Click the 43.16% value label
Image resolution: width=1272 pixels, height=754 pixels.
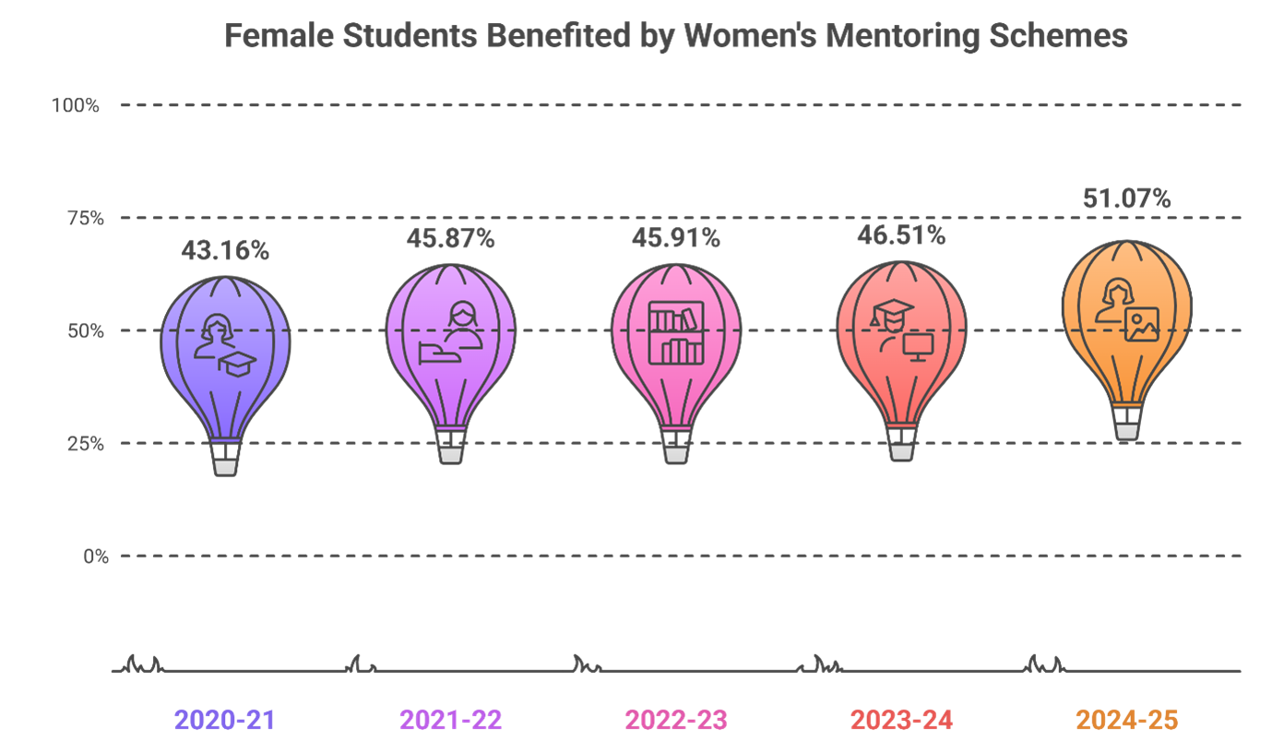[x=225, y=251]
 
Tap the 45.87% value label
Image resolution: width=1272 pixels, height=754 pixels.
[x=451, y=239]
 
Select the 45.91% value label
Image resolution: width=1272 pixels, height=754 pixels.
[x=675, y=239]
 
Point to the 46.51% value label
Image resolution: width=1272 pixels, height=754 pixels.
[x=900, y=236]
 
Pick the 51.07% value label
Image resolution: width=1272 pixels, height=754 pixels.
[x=1126, y=199]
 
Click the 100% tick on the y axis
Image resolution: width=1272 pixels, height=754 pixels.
[x=75, y=106]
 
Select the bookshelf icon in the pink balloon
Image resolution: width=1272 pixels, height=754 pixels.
[x=675, y=332]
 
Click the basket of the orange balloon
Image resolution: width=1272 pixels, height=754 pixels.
[x=1126, y=431]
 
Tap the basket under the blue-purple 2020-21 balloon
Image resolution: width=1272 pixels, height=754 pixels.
[x=225, y=467]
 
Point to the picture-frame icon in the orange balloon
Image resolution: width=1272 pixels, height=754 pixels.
[x=1141, y=324]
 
